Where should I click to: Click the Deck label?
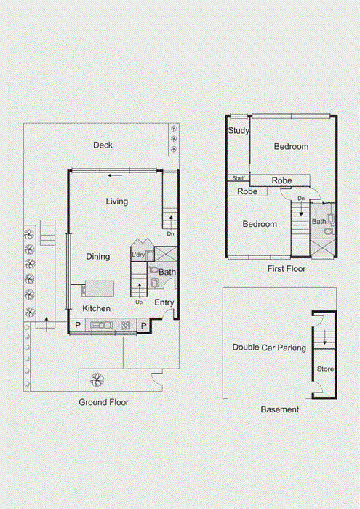coord(103,145)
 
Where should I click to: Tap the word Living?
coord(117,201)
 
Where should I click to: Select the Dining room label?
coord(97,257)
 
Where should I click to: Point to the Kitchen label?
coord(97,308)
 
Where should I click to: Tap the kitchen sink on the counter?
coord(101,325)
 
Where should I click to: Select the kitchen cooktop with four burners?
coord(126,325)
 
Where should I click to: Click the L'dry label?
coord(138,254)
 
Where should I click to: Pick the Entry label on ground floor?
coord(164,302)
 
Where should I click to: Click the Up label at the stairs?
coord(139,302)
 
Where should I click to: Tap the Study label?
coord(239,130)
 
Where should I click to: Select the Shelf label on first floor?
coord(239,178)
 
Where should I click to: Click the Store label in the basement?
coord(325,369)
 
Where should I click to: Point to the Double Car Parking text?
coord(269,348)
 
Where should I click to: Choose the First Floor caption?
coord(287,269)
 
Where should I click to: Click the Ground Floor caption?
coord(103,402)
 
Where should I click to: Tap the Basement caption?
coord(280,409)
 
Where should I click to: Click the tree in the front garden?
coord(97,380)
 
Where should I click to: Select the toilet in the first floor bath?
coord(329,231)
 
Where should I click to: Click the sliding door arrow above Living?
coord(115,176)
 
